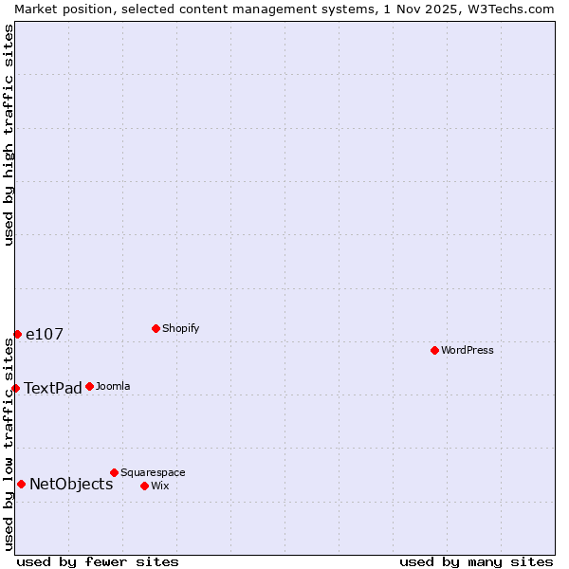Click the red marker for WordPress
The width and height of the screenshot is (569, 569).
tap(434, 350)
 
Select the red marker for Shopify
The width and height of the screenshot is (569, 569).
tap(156, 328)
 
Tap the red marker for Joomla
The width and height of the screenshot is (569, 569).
tap(89, 386)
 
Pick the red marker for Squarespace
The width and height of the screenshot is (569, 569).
tap(114, 472)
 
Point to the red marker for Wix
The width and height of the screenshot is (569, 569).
tap(144, 486)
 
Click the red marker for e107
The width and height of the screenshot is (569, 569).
tap(17, 334)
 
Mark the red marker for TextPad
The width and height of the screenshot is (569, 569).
tap(15, 388)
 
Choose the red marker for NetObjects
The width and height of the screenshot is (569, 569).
tap(21, 484)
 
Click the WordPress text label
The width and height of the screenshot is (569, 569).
tap(468, 350)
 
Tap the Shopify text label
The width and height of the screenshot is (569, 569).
tap(181, 328)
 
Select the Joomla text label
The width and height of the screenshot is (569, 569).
tap(113, 386)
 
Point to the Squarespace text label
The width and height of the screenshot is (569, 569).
tap(153, 472)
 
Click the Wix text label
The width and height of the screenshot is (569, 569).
tap(160, 486)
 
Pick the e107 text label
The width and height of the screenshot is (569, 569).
tap(45, 334)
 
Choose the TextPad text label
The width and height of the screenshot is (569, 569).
tap(53, 388)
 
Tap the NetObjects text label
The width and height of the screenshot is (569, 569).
tap(71, 484)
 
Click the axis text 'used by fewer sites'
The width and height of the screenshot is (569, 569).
tap(98, 561)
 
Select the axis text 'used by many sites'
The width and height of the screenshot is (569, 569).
tap(476, 561)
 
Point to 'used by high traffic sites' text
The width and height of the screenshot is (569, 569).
tap(9, 135)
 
